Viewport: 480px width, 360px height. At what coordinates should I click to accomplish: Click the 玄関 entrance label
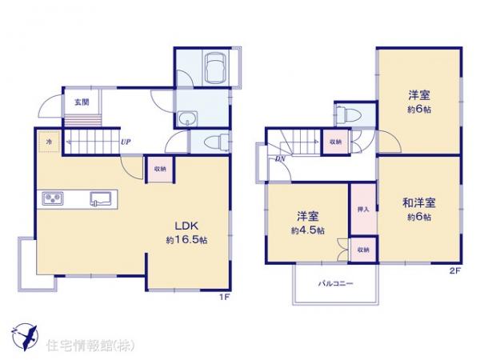coord(81,102)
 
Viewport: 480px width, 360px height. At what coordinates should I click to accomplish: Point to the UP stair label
coord(126,143)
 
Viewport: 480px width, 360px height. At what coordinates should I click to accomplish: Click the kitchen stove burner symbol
coord(50,198)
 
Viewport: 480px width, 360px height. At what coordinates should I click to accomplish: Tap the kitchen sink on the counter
coord(101,198)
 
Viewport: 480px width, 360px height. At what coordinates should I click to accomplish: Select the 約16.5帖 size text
coord(186,240)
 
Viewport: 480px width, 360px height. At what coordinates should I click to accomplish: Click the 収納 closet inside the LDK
coord(157,170)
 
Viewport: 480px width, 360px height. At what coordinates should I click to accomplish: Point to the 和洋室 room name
coord(418,202)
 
